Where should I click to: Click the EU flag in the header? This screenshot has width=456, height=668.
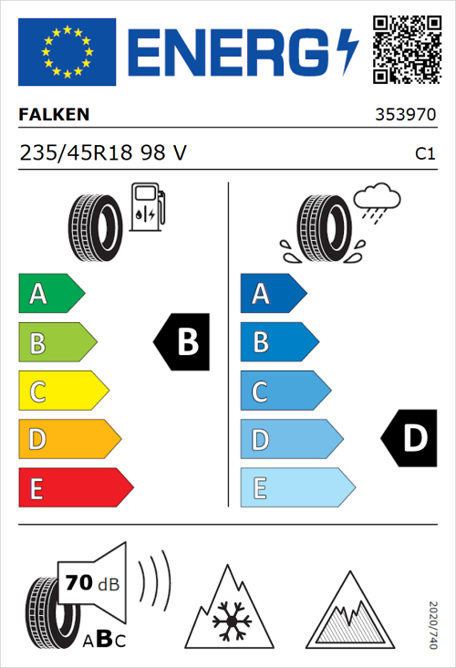pyautogui.click(x=67, y=48)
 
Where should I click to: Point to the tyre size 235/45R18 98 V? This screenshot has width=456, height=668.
pyautogui.click(x=103, y=154)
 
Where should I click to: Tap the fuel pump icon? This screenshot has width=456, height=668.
pyautogui.click(x=147, y=206)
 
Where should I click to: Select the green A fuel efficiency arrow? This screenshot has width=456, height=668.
pyautogui.click(x=50, y=294)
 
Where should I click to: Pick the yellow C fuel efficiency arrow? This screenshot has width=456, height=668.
pyautogui.click(x=62, y=391)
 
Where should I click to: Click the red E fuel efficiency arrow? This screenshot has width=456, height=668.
pyautogui.click(x=75, y=488)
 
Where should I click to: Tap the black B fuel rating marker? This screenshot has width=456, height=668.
pyautogui.click(x=182, y=342)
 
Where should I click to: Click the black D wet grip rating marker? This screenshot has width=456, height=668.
pyautogui.click(x=409, y=439)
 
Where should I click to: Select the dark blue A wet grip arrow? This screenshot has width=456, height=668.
pyautogui.click(x=272, y=294)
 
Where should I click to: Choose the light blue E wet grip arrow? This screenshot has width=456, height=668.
pyautogui.click(x=296, y=488)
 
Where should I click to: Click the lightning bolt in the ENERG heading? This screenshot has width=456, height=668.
pyautogui.click(x=349, y=50)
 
